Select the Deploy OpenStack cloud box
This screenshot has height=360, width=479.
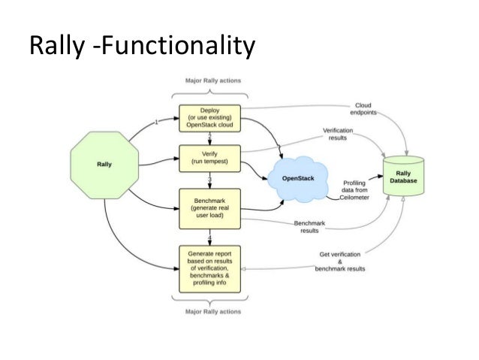tap(209, 117)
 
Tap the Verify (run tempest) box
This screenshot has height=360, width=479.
tap(209, 159)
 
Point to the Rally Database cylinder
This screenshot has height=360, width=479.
tap(402, 177)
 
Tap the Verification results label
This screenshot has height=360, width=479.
tap(338, 134)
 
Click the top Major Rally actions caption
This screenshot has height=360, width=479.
tap(209, 81)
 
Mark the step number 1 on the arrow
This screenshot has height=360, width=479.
tap(155, 122)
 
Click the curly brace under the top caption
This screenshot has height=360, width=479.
tap(209, 94)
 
